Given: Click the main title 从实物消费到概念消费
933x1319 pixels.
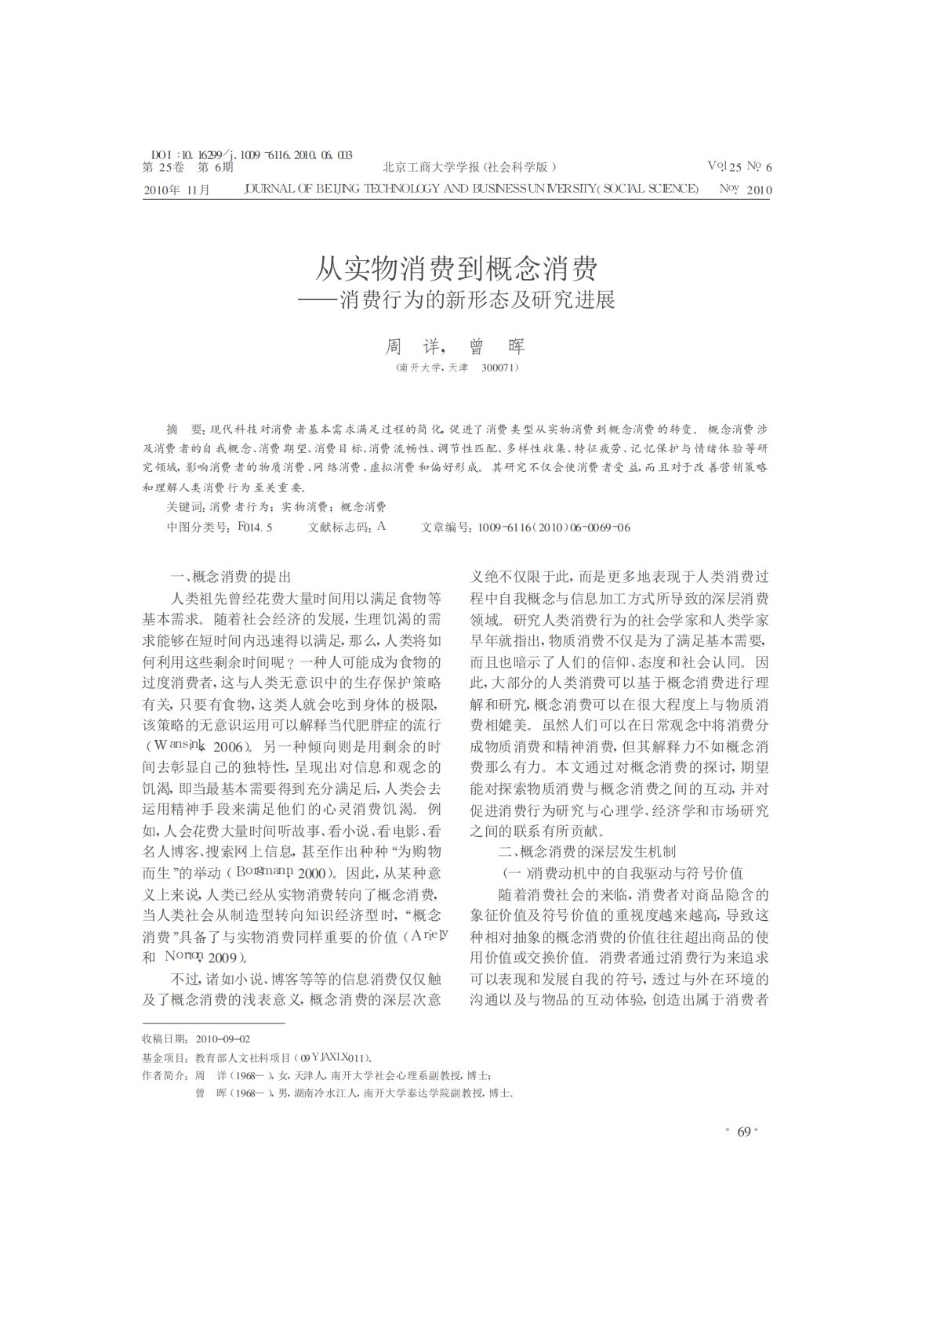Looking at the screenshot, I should pyautogui.click(x=456, y=270).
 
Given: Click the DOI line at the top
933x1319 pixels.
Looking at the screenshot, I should pyautogui.click(x=250, y=155).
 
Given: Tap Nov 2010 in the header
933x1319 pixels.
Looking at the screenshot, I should pyautogui.click(x=745, y=189).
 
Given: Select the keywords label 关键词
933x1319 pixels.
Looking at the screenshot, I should pyautogui.click(x=185, y=507).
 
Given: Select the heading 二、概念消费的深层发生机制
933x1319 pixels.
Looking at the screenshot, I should pyautogui.click(x=587, y=852).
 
